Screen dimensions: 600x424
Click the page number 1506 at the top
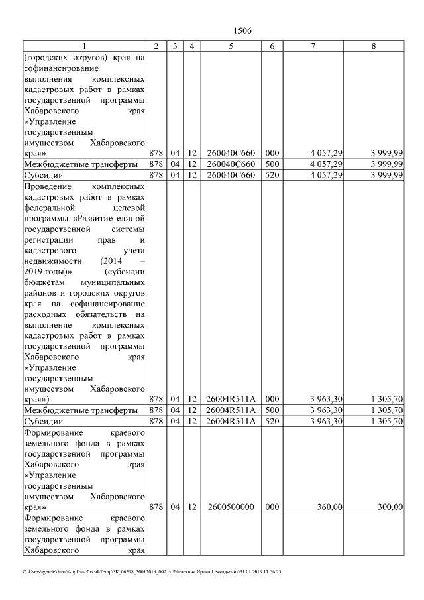pos(243,31)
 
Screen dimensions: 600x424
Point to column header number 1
pos(84,46)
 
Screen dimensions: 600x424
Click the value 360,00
pos(329,507)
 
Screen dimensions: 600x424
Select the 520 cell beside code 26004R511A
pos(272,421)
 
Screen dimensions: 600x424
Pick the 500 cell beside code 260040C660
pos(272,164)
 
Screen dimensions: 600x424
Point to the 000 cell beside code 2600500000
pos(272,507)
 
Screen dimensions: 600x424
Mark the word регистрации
pos(48,241)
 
